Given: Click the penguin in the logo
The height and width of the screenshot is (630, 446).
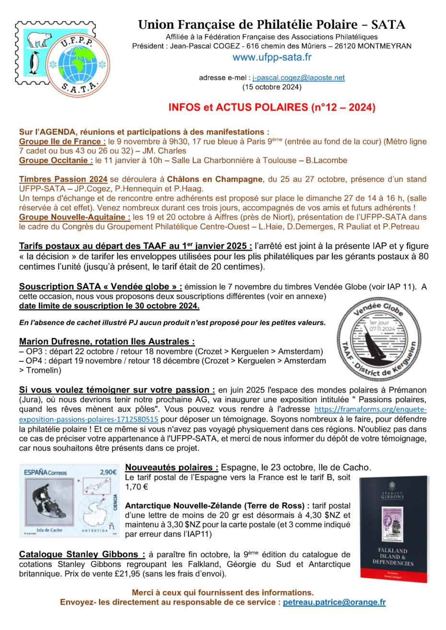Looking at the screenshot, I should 34,63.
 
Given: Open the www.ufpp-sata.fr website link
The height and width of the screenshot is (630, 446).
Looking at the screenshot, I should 271,57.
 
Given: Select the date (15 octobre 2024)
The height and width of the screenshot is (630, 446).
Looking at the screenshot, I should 271,87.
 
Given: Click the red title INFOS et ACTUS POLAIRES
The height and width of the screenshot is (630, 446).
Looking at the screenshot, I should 271,107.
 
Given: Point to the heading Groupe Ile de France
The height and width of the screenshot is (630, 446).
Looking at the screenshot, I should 62,141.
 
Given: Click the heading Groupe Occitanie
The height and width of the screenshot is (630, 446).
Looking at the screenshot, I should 56,160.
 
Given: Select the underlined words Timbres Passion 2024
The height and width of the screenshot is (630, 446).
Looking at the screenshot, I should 63,179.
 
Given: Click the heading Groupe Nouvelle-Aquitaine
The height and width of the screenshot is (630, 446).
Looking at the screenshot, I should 74,217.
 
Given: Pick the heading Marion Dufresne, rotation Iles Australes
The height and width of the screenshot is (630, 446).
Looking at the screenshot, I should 107,342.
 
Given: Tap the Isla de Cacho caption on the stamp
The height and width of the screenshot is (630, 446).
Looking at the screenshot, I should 49,530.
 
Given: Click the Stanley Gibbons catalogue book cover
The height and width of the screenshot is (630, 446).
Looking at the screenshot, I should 393,529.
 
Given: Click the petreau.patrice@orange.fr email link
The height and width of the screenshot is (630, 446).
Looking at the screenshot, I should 334,603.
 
